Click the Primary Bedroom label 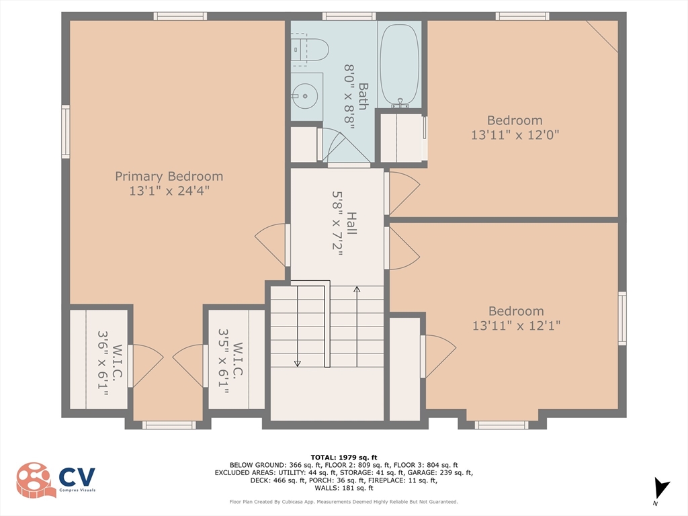tap(169, 177)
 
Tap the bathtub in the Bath tap(399, 64)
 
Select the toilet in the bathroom tap(310, 50)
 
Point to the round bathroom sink tap(305, 95)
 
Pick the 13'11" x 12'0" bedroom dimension tap(515, 134)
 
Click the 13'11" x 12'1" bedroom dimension tap(517, 326)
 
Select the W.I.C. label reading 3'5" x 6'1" tap(224, 361)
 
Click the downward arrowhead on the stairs tap(298, 363)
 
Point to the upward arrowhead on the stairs tap(357, 289)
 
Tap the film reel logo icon tap(36, 480)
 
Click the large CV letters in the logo tap(77, 477)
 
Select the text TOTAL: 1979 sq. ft tap(344, 457)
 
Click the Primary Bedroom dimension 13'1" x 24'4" tap(169, 191)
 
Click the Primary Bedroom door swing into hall tap(271, 245)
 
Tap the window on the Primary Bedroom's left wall tap(65, 131)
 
